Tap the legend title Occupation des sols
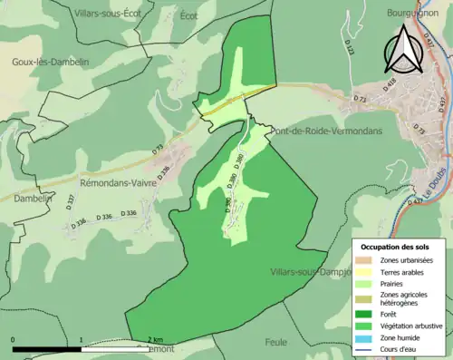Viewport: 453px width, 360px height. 396,247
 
